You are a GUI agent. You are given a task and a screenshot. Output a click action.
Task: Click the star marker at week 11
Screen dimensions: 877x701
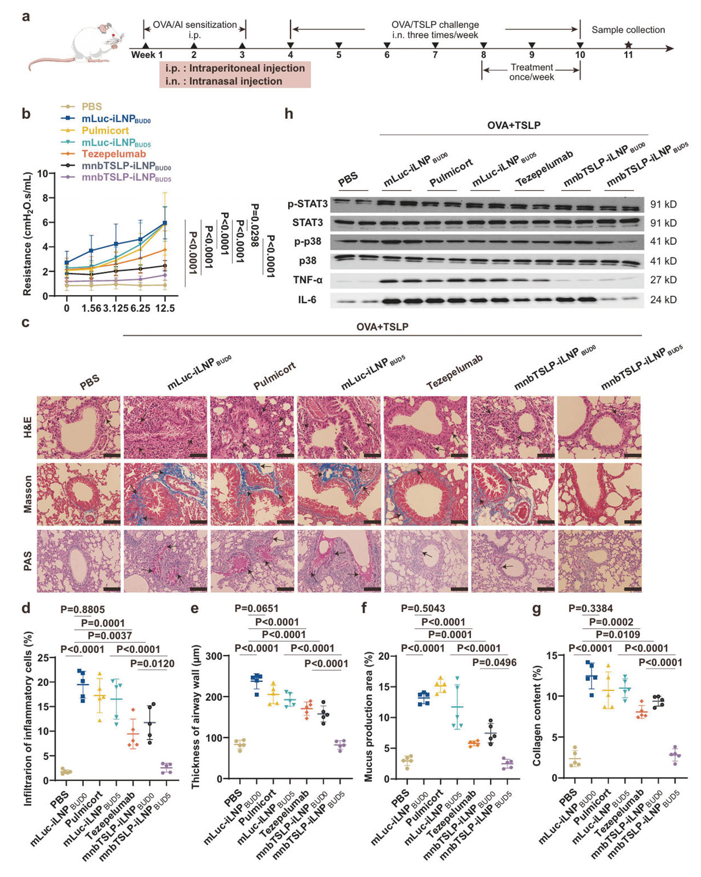click(628, 45)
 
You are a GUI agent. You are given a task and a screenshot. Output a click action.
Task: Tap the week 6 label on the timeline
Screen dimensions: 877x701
click(387, 55)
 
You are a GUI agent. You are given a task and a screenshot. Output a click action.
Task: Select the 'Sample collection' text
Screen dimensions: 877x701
click(628, 30)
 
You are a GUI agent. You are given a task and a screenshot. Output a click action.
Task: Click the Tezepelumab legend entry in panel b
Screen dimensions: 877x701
click(113, 154)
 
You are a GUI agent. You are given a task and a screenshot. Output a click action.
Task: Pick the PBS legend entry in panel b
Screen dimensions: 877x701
click(91, 107)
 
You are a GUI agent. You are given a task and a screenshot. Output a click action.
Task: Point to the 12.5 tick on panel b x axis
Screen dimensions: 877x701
click(165, 308)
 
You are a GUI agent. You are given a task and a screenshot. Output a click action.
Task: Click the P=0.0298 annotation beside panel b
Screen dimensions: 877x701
click(255, 225)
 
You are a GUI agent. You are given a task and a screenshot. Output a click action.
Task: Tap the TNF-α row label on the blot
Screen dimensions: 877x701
click(308, 280)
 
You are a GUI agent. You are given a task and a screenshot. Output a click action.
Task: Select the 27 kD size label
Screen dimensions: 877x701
click(663, 280)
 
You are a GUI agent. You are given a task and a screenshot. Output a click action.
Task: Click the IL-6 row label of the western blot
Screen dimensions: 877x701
click(307, 300)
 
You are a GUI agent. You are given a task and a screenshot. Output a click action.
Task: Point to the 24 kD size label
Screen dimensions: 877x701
click(663, 300)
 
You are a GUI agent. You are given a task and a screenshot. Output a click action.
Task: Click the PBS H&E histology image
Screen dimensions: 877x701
click(78, 427)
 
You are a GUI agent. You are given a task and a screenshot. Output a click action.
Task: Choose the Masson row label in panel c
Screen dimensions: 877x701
click(27, 494)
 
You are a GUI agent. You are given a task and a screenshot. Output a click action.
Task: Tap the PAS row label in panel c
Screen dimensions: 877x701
click(27, 561)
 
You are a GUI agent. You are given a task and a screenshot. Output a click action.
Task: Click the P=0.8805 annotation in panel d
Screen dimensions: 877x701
click(82, 609)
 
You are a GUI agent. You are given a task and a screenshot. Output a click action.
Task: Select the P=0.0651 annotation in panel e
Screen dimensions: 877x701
click(256, 608)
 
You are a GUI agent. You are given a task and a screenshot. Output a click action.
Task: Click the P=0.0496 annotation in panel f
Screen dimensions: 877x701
click(494, 662)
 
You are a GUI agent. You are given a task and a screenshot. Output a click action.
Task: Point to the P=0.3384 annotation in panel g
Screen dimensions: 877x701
click(590, 608)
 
